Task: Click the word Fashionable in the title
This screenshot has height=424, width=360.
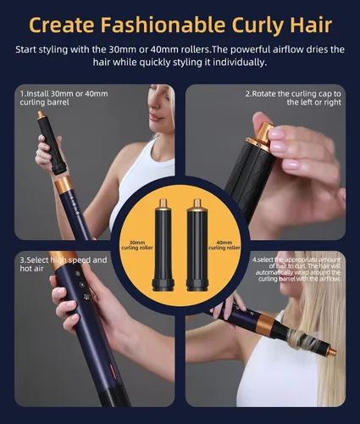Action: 163,25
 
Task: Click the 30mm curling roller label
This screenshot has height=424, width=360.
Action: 137,245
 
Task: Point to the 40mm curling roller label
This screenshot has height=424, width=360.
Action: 224,245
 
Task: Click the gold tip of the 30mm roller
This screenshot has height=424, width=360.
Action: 163,204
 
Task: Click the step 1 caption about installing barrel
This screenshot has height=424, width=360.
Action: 64,98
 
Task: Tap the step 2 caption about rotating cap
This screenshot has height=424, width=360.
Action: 293,98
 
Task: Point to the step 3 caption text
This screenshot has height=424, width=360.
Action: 64,264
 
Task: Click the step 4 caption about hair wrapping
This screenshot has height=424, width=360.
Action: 297,269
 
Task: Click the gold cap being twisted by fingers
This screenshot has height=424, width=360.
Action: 261,135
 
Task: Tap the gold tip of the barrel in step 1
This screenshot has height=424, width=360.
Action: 41,114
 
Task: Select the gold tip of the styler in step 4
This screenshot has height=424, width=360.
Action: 332,352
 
